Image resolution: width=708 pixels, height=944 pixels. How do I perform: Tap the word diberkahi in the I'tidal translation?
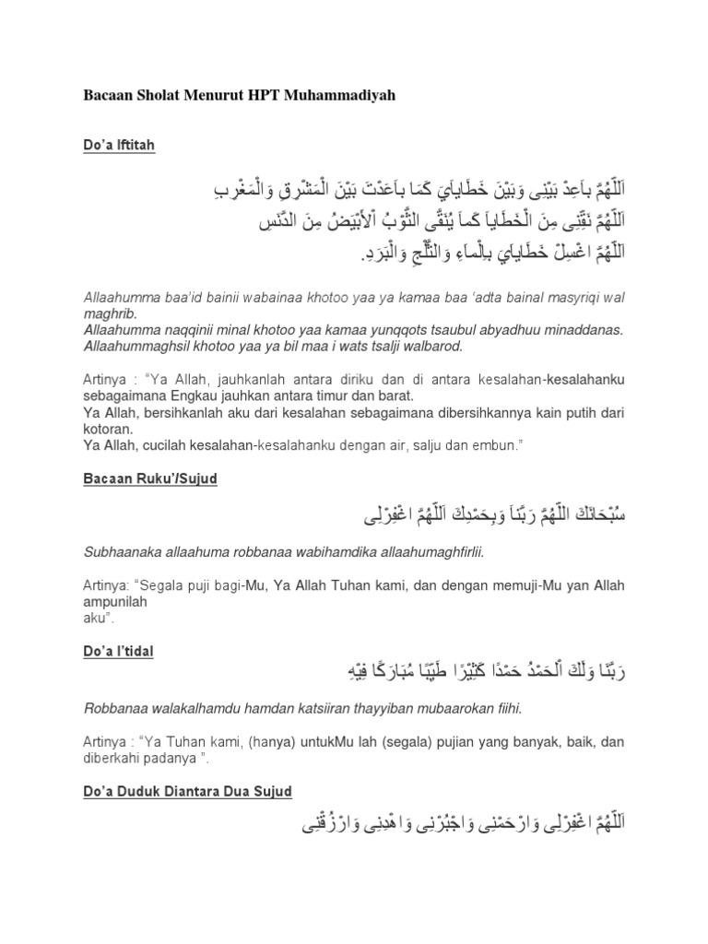115,761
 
